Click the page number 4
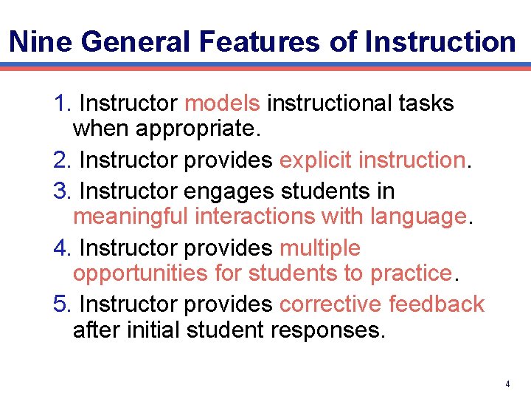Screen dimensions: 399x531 click(508, 384)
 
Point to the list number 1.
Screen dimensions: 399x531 click(60, 103)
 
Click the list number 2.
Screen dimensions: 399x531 click(60, 160)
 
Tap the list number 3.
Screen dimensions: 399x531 click(60, 191)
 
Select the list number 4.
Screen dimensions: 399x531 click(60, 248)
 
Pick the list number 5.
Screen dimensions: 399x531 click(60, 304)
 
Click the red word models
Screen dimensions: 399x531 click(222, 103)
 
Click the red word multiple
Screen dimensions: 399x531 click(319, 248)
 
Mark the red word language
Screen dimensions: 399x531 click(418, 216)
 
